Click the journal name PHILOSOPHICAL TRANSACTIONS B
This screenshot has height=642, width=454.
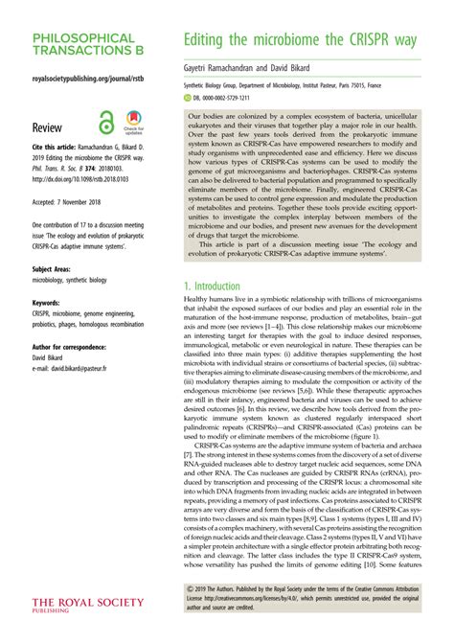[82, 44]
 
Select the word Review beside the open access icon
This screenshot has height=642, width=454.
[48, 126]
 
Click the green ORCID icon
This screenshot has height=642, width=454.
[187, 98]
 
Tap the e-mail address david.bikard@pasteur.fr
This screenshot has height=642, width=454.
[90, 367]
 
